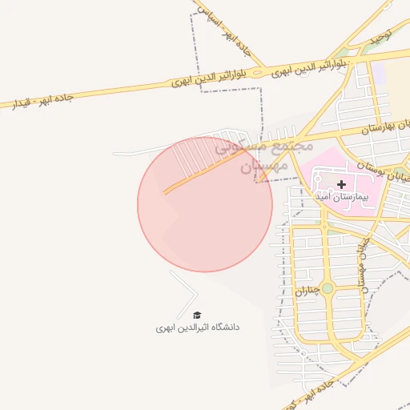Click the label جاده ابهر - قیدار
click(x=40, y=100)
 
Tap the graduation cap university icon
click(x=197, y=315)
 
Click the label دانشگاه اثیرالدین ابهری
click(x=197, y=328)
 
